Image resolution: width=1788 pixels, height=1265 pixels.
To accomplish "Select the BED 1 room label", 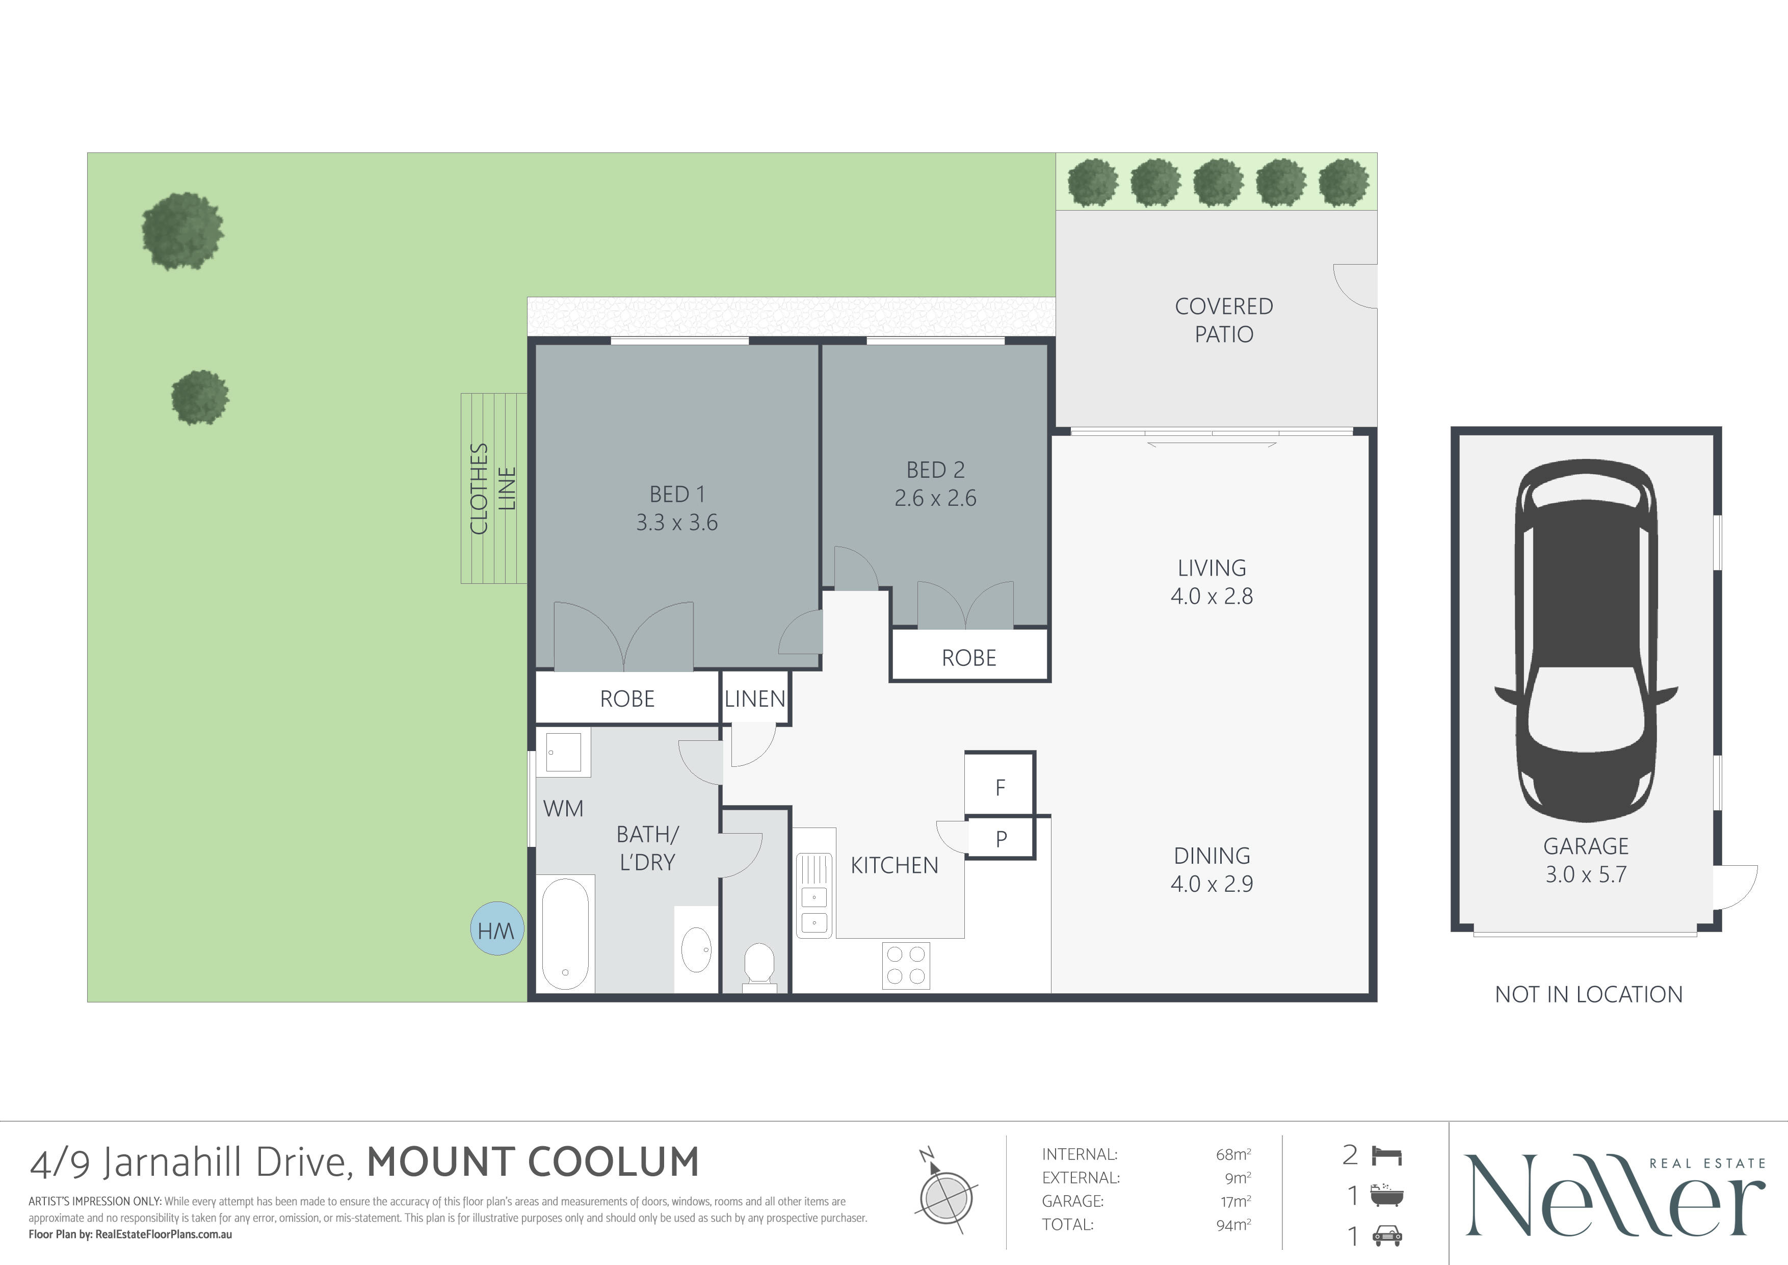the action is pyautogui.click(x=677, y=494).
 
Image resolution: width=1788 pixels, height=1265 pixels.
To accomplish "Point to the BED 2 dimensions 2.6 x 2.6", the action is pyautogui.click(x=935, y=498).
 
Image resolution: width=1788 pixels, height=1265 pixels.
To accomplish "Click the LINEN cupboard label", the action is pyautogui.click(x=755, y=699).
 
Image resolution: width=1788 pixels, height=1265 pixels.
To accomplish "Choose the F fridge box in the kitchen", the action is pyautogui.click(x=1000, y=784).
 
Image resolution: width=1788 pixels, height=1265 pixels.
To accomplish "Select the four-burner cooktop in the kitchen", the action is pyautogui.click(x=906, y=965).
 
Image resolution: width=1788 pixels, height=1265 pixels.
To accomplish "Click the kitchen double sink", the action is pyautogui.click(x=814, y=896).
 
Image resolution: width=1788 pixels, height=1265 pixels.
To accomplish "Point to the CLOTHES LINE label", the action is pyautogui.click(x=492, y=488).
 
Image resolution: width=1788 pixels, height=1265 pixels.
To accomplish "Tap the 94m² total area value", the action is pyautogui.click(x=1233, y=1225).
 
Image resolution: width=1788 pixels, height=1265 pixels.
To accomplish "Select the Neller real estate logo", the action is pyautogui.click(x=1614, y=1196).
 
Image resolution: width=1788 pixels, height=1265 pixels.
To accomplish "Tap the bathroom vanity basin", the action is pyautogui.click(x=696, y=949).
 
